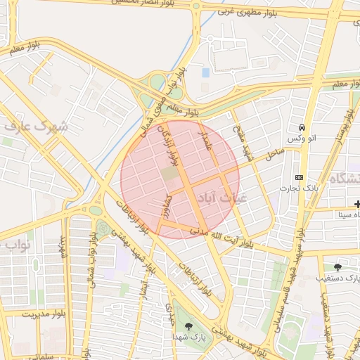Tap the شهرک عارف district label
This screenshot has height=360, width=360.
click(x=34, y=127)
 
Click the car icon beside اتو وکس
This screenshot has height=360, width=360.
click(x=302, y=128)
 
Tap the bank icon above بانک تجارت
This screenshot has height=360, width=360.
click(x=300, y=177)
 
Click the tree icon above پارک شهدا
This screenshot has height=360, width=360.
click(x=188, y=326)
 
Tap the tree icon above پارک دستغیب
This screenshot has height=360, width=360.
click(x=338, y=266)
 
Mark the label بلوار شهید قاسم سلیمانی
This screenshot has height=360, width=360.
click(x=290, y=274)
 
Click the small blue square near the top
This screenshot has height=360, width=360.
click(x=205, y=72)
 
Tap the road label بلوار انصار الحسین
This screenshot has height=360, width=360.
click(x=147, y=4)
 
